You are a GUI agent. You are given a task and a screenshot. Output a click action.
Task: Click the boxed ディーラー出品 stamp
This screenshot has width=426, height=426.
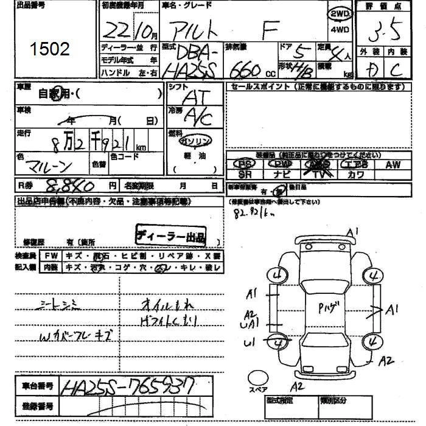[170, 235]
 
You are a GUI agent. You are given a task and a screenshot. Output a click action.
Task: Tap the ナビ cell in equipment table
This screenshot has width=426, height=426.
[281, 174]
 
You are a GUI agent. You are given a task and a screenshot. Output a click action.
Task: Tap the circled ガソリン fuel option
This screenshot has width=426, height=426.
[195, 140]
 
